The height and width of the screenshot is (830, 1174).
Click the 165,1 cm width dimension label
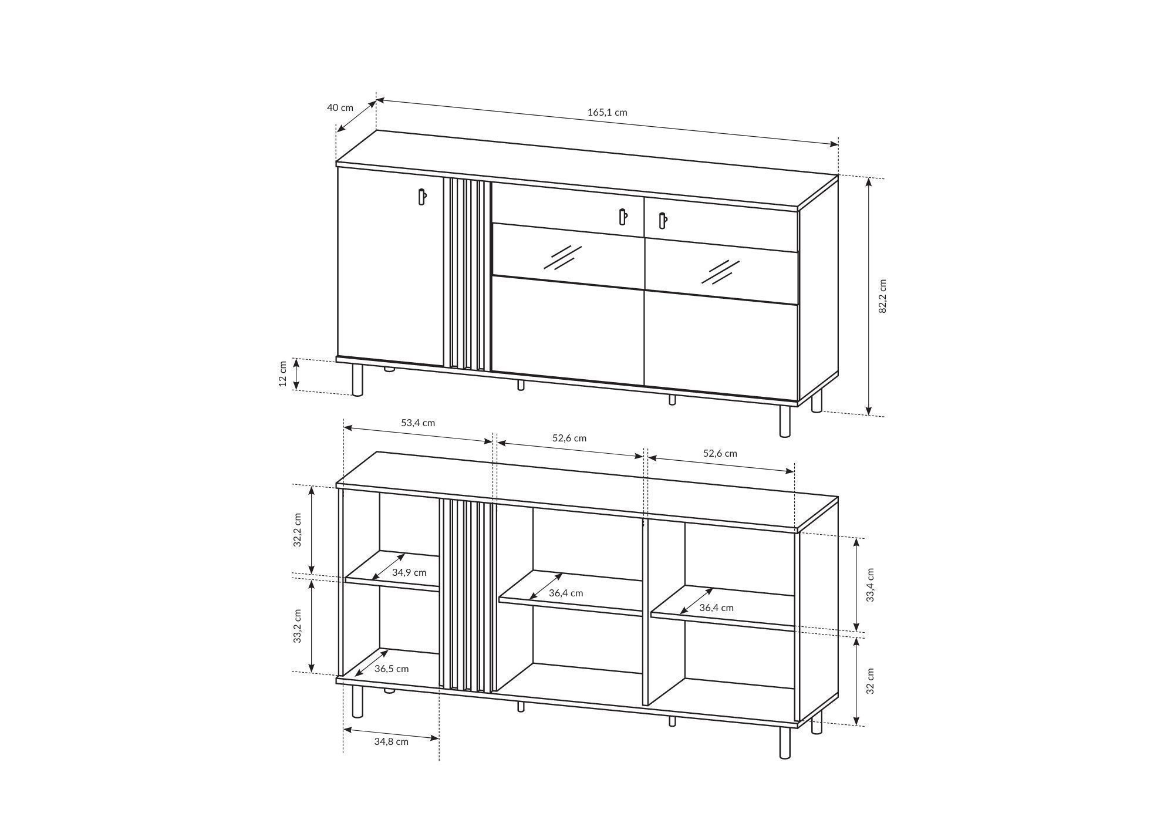[x=608, y=112]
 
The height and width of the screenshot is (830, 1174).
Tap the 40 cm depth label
[x=340, y=107]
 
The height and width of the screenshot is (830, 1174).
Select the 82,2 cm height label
[x=882, y=296]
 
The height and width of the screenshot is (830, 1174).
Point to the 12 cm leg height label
[x=282, y=374]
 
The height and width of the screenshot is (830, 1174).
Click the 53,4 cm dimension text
[x=418, y=423]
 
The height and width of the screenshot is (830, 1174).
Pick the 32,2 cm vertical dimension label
[x=298, y=530]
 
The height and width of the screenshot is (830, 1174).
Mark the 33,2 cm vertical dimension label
[x=298, y=626]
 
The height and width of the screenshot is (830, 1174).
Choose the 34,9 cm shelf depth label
[x=409, y=572]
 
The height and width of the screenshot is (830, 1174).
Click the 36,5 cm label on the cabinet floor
[x=392, y=669]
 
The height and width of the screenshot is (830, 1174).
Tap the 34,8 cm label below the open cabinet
[x=391, y=741]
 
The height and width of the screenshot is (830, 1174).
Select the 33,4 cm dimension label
[x=871, y=585]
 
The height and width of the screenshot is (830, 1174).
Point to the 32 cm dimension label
[x=871, y=681]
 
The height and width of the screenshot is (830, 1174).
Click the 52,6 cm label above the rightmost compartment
[x=720, y=453]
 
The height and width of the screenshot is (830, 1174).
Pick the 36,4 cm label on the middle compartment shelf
[x=566, y=593]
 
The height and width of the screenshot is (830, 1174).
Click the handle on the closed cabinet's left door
[x=421, y=197]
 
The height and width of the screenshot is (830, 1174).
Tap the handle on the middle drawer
[x=623, y=217]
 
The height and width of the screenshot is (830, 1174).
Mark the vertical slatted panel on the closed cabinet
[x=467, y=275]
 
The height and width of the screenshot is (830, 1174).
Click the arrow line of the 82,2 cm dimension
[x=869, y=296]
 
